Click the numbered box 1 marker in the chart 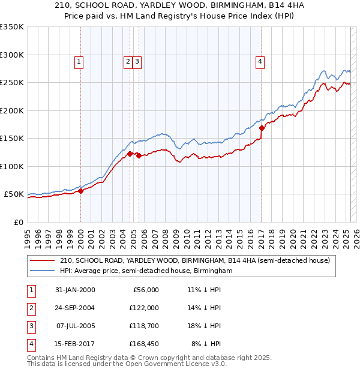pyautogui.click(x=79, y=61)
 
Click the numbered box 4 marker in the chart pyautogui.click(x=260, y=61)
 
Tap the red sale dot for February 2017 pyautogui.click(x=262, y=128)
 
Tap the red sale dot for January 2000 pyautogui.click(x=81, y=191)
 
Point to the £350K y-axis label pyautogui.click(x=12, y=27)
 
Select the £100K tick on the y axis pyautogui.click(x=12, y=166)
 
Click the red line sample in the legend pyautogui.click(x=43, y=261)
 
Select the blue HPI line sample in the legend pyautogui.click(x=43, y=271)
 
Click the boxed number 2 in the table pyautogui.click(x=30, y=308)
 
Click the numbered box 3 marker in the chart pyautogui.click(x=137, y=61)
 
